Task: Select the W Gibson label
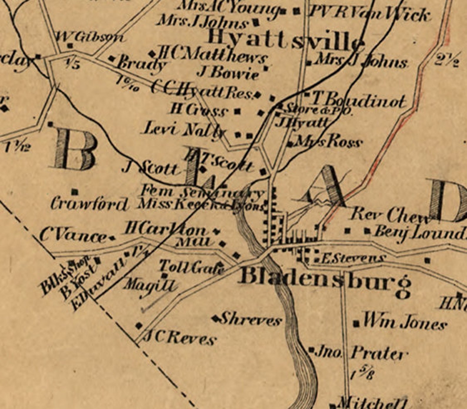89,37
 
